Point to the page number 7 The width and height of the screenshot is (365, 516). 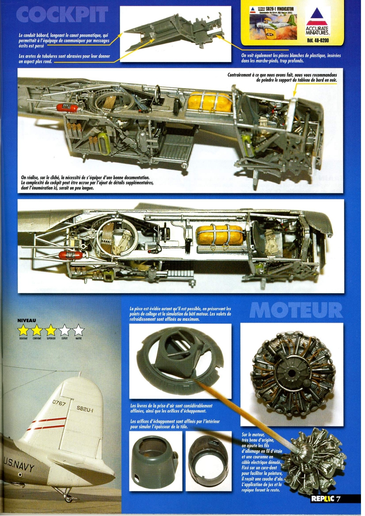(x=339, y=499)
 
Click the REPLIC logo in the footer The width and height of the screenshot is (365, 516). (x=322, y=499)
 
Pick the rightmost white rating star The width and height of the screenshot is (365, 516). (x=79, y=330)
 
